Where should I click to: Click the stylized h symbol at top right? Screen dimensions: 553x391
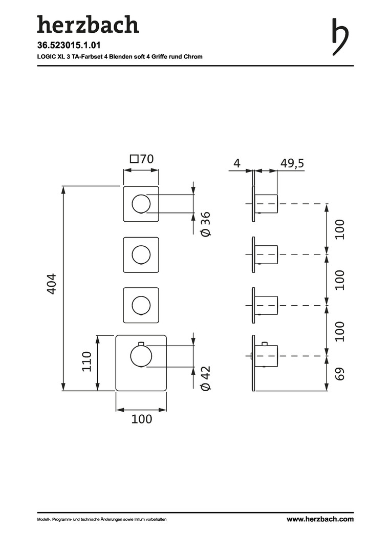coord(340,36)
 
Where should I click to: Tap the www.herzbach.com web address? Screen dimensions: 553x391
coord(320,519)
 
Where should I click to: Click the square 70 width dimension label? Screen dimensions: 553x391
coord(142,159)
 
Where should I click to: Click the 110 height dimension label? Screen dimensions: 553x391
coord(86,361)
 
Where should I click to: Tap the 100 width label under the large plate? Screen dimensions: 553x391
coord(142,419)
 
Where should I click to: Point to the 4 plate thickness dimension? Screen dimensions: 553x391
coord(236,163)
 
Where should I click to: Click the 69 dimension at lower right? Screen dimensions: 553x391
coord(340,373)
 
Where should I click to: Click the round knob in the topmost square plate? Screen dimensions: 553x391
coord(141,204)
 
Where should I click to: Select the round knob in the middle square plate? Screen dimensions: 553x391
coord(141,254)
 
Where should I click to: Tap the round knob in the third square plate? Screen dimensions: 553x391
coord(141,305)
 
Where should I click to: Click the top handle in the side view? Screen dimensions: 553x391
coord(267,204)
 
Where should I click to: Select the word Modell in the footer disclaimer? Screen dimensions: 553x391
coord(43,520)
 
